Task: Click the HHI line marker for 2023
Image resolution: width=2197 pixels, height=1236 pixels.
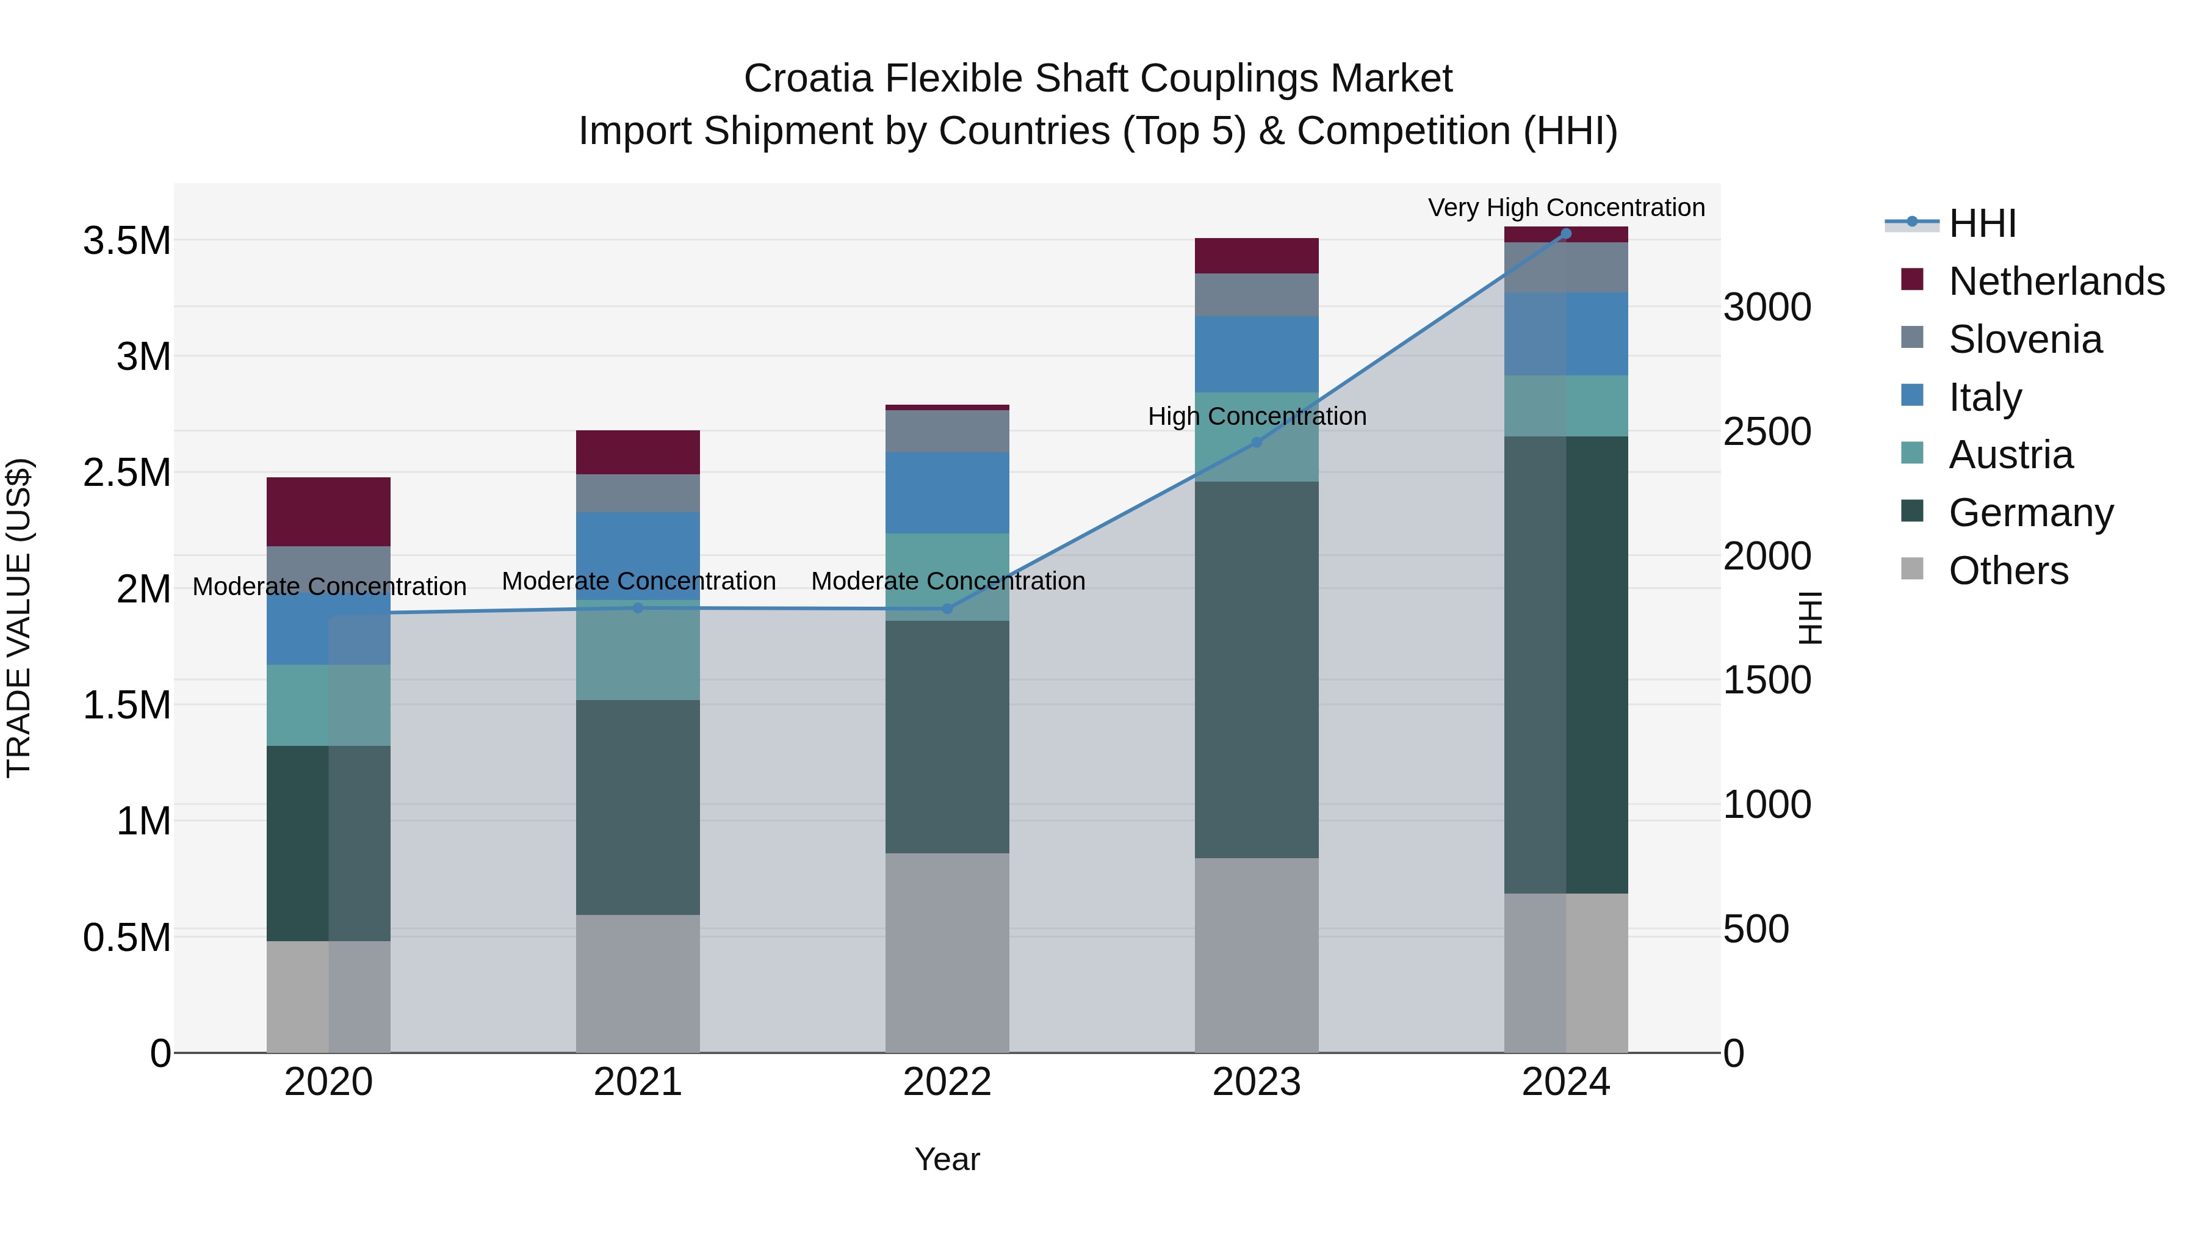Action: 1257,443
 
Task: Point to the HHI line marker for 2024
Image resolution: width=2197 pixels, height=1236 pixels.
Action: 1566,234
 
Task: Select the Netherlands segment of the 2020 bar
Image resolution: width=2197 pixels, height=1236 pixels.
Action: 328,512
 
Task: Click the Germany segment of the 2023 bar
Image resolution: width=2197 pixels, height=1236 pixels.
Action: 1257,670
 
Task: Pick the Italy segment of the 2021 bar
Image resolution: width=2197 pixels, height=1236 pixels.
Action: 638,554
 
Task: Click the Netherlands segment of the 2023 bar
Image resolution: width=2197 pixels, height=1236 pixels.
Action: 1257,256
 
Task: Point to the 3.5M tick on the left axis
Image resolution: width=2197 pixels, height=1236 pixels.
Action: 126,241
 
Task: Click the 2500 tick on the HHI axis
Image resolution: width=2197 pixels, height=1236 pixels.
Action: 1767,432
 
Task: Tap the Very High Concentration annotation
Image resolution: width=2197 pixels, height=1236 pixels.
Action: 1566,208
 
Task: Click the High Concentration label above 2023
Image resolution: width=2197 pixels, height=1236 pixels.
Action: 1257,416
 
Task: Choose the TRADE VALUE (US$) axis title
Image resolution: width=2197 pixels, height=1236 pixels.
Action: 19,618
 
